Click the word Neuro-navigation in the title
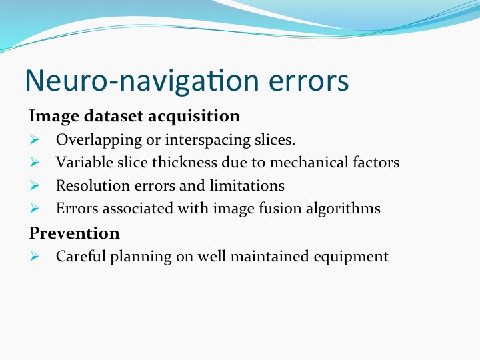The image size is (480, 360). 143,81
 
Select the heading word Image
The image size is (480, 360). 54,117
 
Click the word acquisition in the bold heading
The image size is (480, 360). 194,117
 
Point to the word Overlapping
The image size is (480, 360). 99,141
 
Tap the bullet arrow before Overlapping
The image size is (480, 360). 35,139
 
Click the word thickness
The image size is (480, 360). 185,162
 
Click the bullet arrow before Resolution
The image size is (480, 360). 35,185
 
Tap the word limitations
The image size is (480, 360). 247,185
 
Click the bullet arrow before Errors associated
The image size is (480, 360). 35,209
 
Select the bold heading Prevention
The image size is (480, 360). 75,233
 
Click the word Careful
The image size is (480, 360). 81,256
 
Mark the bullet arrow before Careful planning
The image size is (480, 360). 35,256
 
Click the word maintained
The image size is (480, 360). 269,256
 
